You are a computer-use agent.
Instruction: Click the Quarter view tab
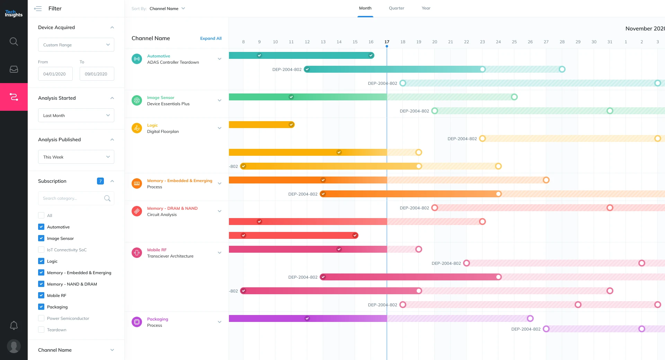pyautogui.click(x=396, y=8)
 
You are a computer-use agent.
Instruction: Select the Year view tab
pyautogui.click(x=426, y=8)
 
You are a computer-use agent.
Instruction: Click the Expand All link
pyautogui.click(x=211, y=38)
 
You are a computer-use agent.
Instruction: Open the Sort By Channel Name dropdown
pyautogui.click(x=167, y=9)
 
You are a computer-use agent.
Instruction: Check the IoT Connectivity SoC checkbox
pyautogui.click(x=41, y=250)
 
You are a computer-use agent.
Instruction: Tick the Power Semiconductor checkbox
pyautogui.click(x=41, y=318)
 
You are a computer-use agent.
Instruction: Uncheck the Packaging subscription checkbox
pyautogui.click(x=41, y=307)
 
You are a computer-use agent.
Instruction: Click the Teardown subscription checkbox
pyautogui.click(x=41, y=330)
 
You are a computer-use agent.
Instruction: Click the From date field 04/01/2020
pyautogui.click(x=55, y=74)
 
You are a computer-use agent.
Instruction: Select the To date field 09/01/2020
pyautogui.click(x=97, y=74)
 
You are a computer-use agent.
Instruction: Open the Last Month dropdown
pyautogui.click(x=76, y=115)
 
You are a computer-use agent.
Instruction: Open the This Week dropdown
pyautogui.click(x=76, y=157)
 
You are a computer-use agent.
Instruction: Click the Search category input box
pyautogui.click(x=72, y=198)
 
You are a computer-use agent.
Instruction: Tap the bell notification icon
pyautogui.click(x=14, y=325)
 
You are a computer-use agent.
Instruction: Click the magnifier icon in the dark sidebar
pyautogui.click(x=14, y=42)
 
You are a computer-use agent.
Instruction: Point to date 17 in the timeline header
pyautogui.click(x=387, y=42)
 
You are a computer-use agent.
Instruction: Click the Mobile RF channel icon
pyautogui.click(x=137, y=253)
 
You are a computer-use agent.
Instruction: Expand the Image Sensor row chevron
pyautogui.click(x=219, y=100)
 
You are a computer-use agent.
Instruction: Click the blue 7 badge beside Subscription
pyautogui.click(x=100, y=181)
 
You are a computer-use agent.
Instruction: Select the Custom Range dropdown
pyautogui.click(x=76, y=45)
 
